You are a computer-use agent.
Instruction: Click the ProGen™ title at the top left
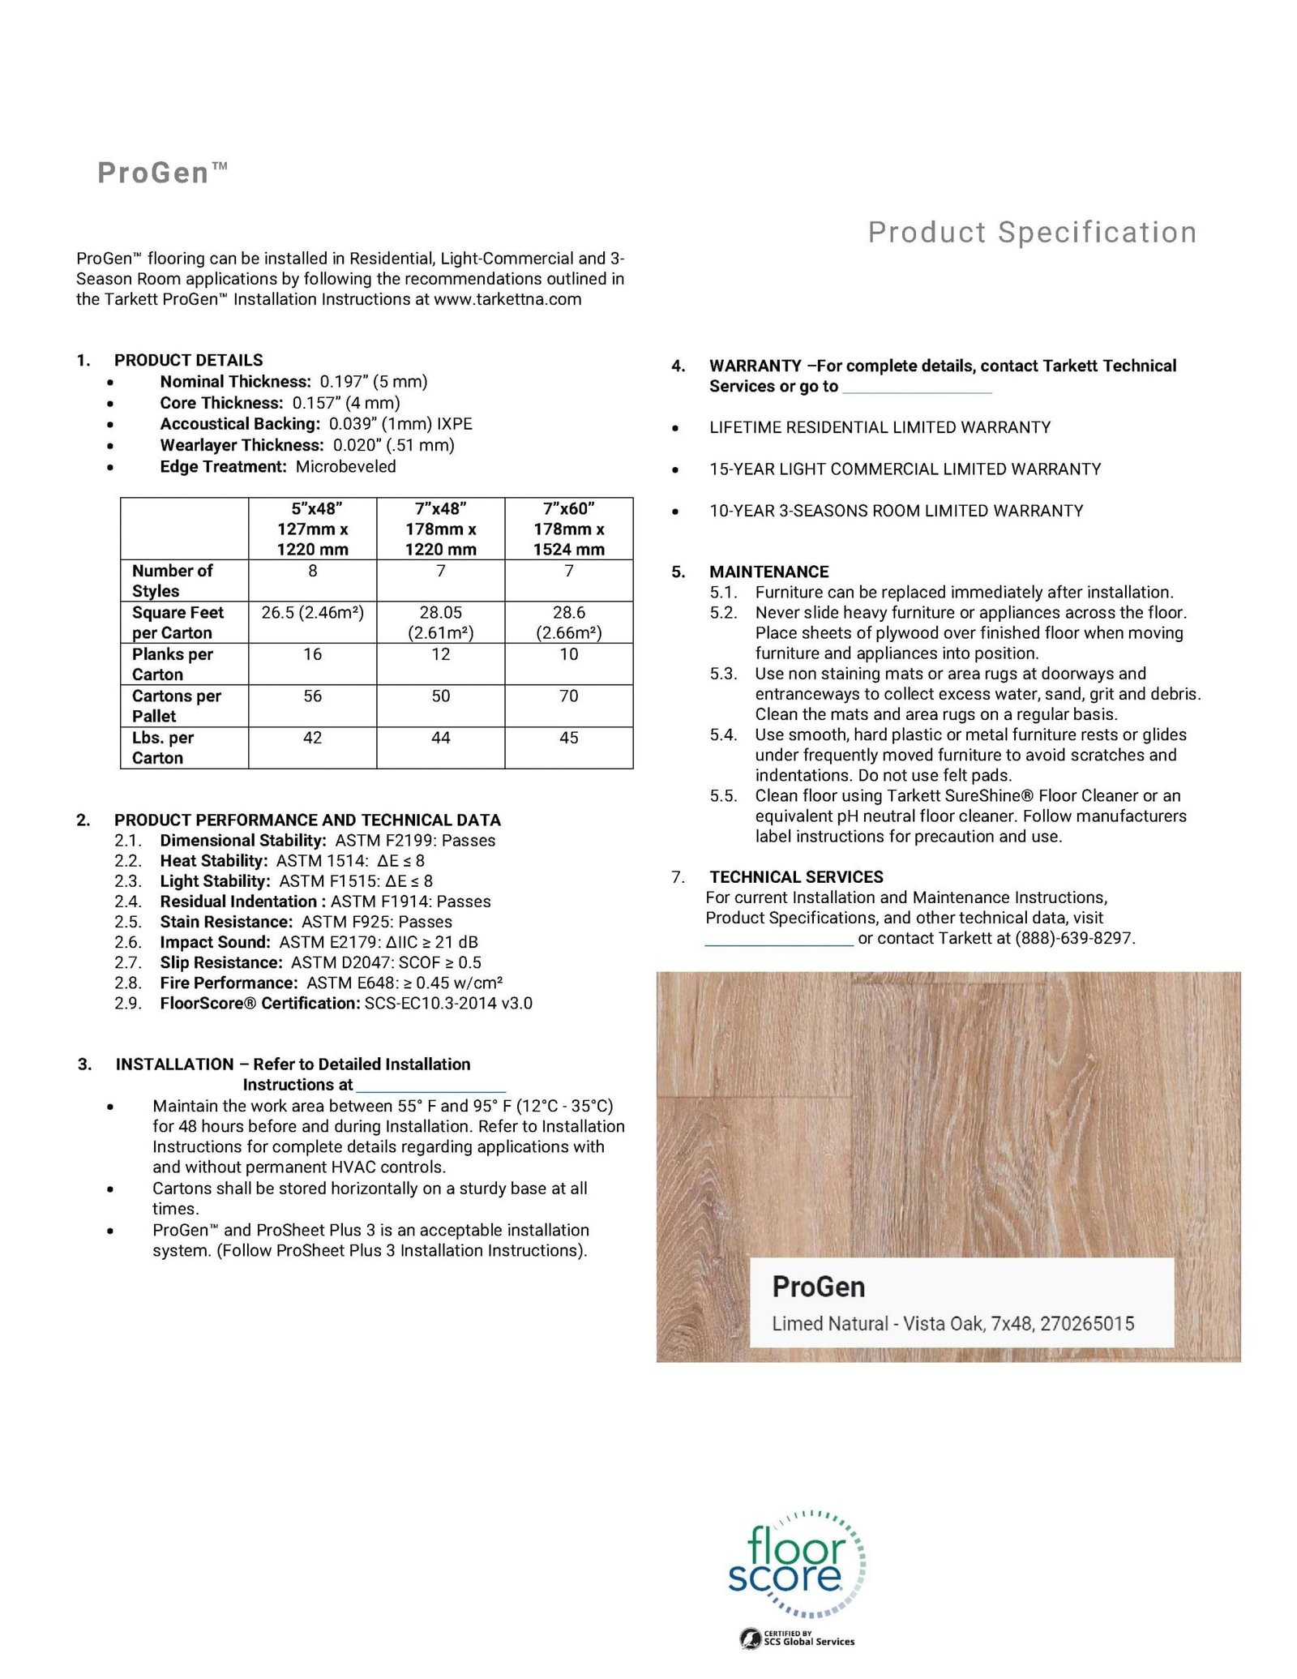(162, 173)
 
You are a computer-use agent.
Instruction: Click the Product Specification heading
(1032, 233)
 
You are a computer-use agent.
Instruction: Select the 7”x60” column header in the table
(568, 529)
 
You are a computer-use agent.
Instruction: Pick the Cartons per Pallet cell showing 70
(568, 696)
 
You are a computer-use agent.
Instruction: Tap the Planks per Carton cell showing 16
(312, 654)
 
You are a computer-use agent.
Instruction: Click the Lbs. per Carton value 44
(440, 738)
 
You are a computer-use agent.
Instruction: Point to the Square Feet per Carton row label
(178, 623)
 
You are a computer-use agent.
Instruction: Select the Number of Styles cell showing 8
(312, 571)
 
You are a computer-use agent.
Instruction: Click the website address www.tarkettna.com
(507, 299)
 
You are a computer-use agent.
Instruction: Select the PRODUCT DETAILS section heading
(188, 360)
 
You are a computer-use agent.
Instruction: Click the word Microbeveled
(345, 467)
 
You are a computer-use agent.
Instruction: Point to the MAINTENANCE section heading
(768, 572)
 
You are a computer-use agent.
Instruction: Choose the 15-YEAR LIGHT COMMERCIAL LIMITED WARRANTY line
(905, 469)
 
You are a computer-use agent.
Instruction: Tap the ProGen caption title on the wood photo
(818, 1287)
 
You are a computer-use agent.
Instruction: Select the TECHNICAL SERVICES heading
(796, 877)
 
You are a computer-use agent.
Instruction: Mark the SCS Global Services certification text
(808, 1642)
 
